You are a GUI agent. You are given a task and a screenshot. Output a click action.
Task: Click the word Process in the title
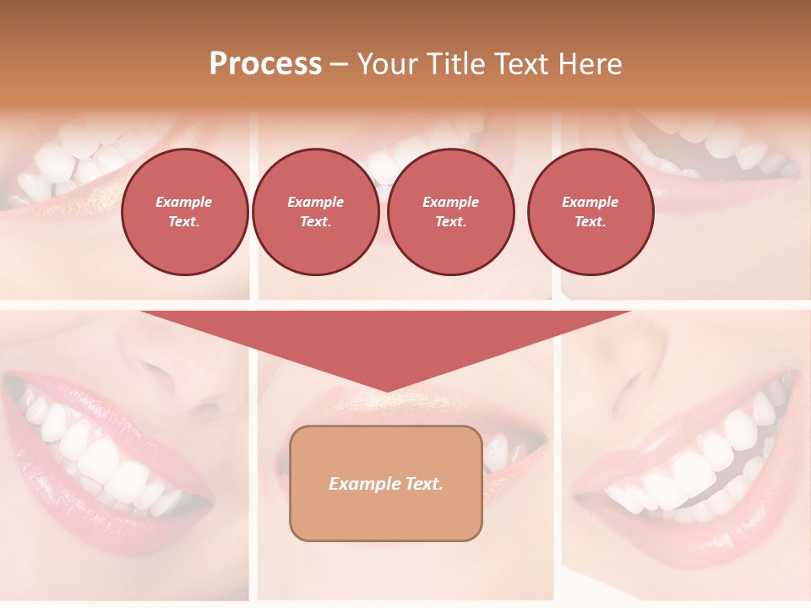pos(265,64)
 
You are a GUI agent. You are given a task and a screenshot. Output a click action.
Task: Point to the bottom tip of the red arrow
pos(386,390)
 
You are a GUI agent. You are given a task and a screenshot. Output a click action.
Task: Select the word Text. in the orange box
pos(424,484)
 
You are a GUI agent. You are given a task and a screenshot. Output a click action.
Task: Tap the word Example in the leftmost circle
pos(184,202)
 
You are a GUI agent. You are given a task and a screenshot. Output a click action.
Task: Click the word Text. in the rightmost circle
pos(590,221)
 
